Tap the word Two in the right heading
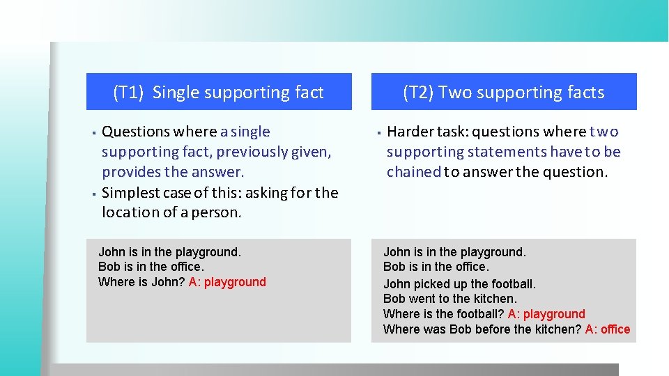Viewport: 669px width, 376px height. click(455, 93)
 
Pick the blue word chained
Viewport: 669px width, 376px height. click(414, 172)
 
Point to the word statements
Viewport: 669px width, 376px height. click(507, 152)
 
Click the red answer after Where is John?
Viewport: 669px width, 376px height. click(227, 282)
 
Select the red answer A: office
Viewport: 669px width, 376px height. click(607, 329)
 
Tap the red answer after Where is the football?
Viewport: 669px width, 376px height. click(546, 314)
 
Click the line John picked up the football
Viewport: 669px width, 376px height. click(459, 284)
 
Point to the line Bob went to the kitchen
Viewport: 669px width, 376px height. click(449, 299)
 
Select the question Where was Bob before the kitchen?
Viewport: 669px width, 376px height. click(482, 329)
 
